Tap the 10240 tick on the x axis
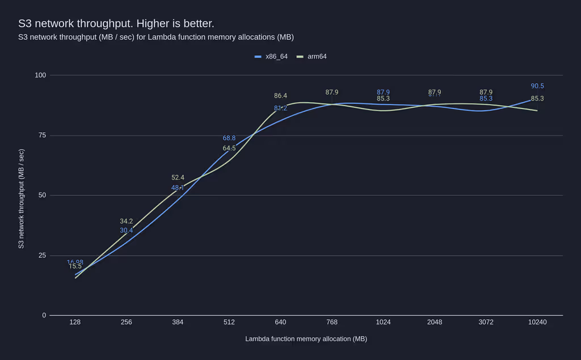537,322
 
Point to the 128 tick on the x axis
75,322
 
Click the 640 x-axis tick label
280,322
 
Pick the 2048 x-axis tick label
435,322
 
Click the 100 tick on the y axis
40,75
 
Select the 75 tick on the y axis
42,135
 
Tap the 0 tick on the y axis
44,315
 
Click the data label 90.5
537,86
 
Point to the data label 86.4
280,96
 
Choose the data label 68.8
229,138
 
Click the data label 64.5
229,148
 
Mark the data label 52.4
178,178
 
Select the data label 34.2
126,221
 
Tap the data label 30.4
126,231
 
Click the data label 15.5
75,266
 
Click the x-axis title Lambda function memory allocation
306,339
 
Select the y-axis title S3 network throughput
21,199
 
